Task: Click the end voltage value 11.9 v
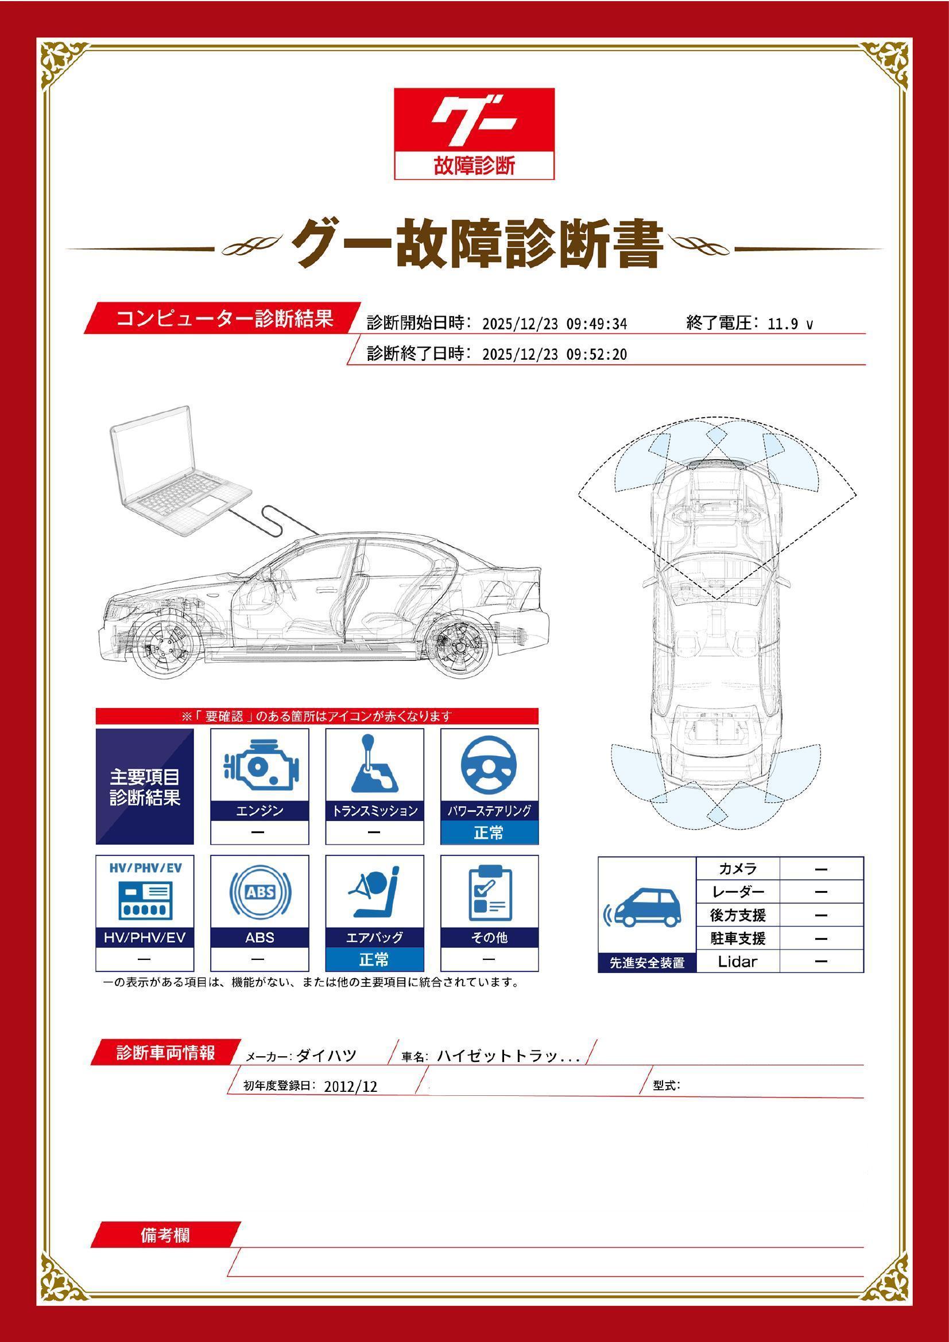(789, 324)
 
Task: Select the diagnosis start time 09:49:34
(596, 324)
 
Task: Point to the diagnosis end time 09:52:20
(596, 355)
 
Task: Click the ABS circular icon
(259, 893)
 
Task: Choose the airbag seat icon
(374, 893)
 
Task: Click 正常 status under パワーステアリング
(489, 833)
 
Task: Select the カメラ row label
(737, 869)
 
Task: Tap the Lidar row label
(737, 962)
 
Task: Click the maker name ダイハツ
(326, 1056)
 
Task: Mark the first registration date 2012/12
(350, 1087)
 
